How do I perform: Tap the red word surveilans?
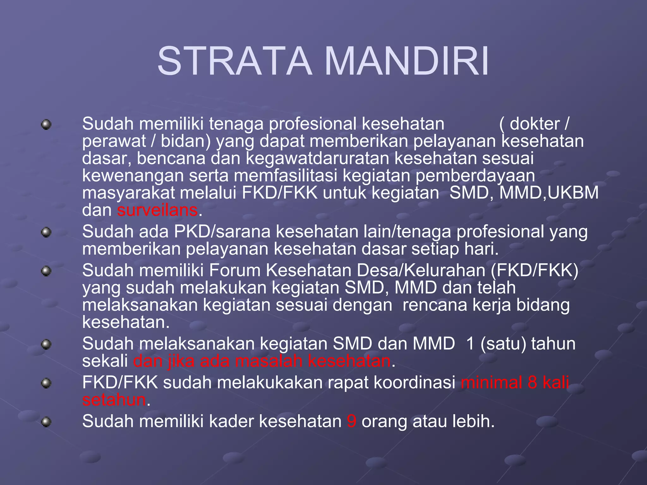[157, 210]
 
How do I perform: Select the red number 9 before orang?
[351, 421]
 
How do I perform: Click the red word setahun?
[114, 400]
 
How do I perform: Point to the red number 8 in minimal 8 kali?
[532, 382]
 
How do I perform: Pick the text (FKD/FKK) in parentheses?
[535, 271]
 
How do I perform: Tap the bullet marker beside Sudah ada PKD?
[46, 233]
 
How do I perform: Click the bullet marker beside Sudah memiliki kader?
[46, 422]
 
